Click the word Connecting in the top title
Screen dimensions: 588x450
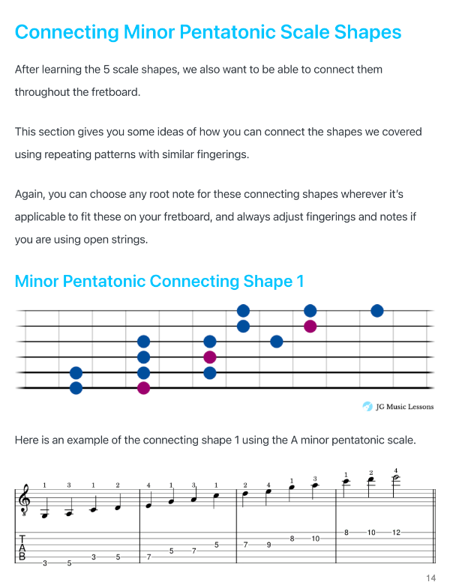pyautogui.click(x=67, y=32)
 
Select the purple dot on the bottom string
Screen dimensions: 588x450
pyautogui.click(x=143, y=388)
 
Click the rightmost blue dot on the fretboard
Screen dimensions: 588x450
pyautogui.click(x=377, y=311)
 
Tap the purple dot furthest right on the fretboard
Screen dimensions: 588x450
pyautogui.click(x=310, y=327)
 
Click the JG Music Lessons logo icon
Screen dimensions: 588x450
pyautogui.click(x=367, y=407)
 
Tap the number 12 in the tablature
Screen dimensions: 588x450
pyautogui.click(x=396, y=533)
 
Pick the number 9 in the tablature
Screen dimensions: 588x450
pyautogui.click(x=268, y=545)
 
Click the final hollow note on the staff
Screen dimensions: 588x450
pyautogui.click(x=395, y=479)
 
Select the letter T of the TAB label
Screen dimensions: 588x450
pyautogui.click(x=22, y=539)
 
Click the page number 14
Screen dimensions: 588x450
pyautogui.click(x=430, y=578)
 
